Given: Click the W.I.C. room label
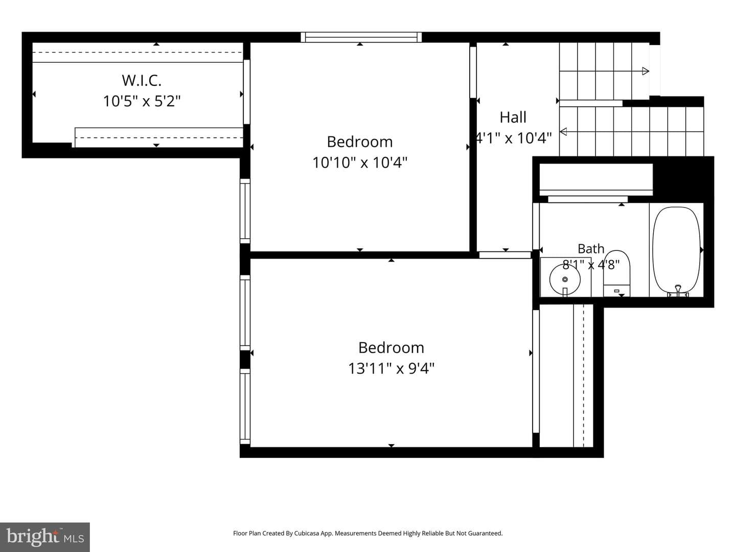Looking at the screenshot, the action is [142, 80].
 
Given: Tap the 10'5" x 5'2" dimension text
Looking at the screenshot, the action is [142, 101].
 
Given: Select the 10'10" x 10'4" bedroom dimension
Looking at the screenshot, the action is [360, 163].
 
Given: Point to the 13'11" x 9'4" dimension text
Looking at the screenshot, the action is [392, 369].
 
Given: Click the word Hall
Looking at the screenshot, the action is [513, 118].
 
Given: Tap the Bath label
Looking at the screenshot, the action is [591, 249].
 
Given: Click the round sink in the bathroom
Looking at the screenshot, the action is [565, 280].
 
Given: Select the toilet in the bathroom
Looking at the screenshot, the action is [616, 273].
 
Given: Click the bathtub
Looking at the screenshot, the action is [676, 251].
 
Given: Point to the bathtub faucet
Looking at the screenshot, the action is [678, 291].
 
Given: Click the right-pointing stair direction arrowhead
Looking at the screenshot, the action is [646, 71].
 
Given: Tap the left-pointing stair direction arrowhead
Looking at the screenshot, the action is [564, 132].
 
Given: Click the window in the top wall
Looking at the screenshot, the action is [361, 37].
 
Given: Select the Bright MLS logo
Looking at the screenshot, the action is [45, 537].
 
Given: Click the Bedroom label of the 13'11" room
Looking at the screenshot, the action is [392, 348].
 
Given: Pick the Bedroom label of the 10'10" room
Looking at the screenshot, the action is [360, 142].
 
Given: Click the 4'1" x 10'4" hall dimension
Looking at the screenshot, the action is [514, 138].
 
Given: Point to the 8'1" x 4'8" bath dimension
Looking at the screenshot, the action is [591, 265].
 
